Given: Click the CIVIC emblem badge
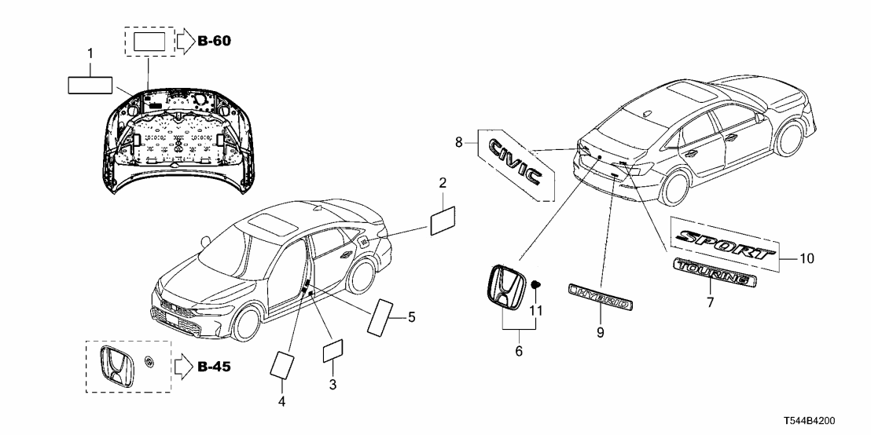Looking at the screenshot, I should [x=514, y=161].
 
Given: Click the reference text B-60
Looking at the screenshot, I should [x=215, y=40].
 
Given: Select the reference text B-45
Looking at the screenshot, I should [x=215, y=366].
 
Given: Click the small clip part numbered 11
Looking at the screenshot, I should [x=536, y=283].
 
